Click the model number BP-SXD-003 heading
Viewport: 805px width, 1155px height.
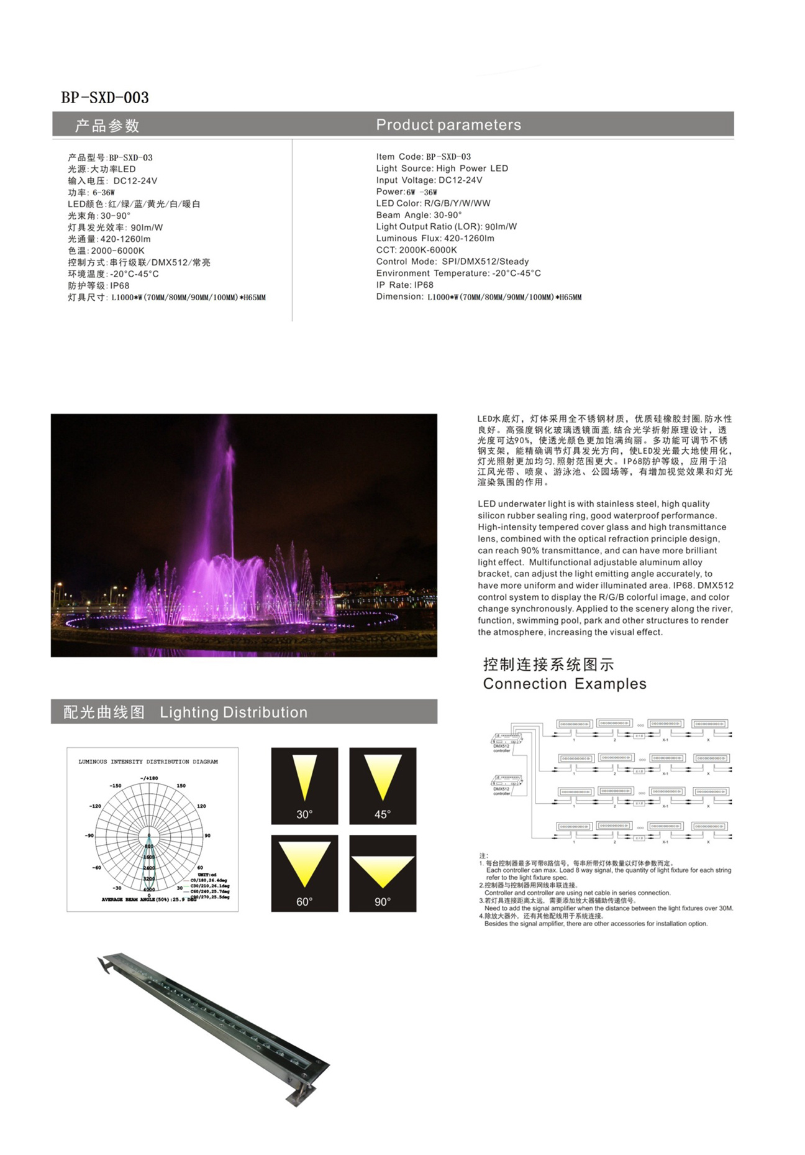point(105,98)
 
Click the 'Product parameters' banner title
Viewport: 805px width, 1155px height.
point(448,125)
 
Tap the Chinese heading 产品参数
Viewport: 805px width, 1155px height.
point(107,126)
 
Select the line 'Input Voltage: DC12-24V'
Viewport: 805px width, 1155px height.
point(429,180)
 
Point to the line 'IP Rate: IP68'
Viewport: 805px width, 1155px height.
point(404,285)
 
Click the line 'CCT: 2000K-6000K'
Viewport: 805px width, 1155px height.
point(416,250)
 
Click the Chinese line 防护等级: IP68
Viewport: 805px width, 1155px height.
point(99,286)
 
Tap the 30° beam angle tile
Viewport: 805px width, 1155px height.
point(304,786)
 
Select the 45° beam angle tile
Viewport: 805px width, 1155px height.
point(383,786)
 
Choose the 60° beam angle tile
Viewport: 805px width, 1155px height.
point(304,873)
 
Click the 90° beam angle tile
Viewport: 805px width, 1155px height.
point(383,873)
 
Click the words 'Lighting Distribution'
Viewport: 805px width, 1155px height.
point(234,712)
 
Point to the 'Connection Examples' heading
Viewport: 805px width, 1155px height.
point(564,684)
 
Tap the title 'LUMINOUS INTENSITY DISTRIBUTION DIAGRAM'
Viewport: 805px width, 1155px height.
point(148,762)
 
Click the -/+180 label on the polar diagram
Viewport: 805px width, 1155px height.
point(149,778)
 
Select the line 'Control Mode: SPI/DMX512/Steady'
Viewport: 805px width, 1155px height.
point(452,262)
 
